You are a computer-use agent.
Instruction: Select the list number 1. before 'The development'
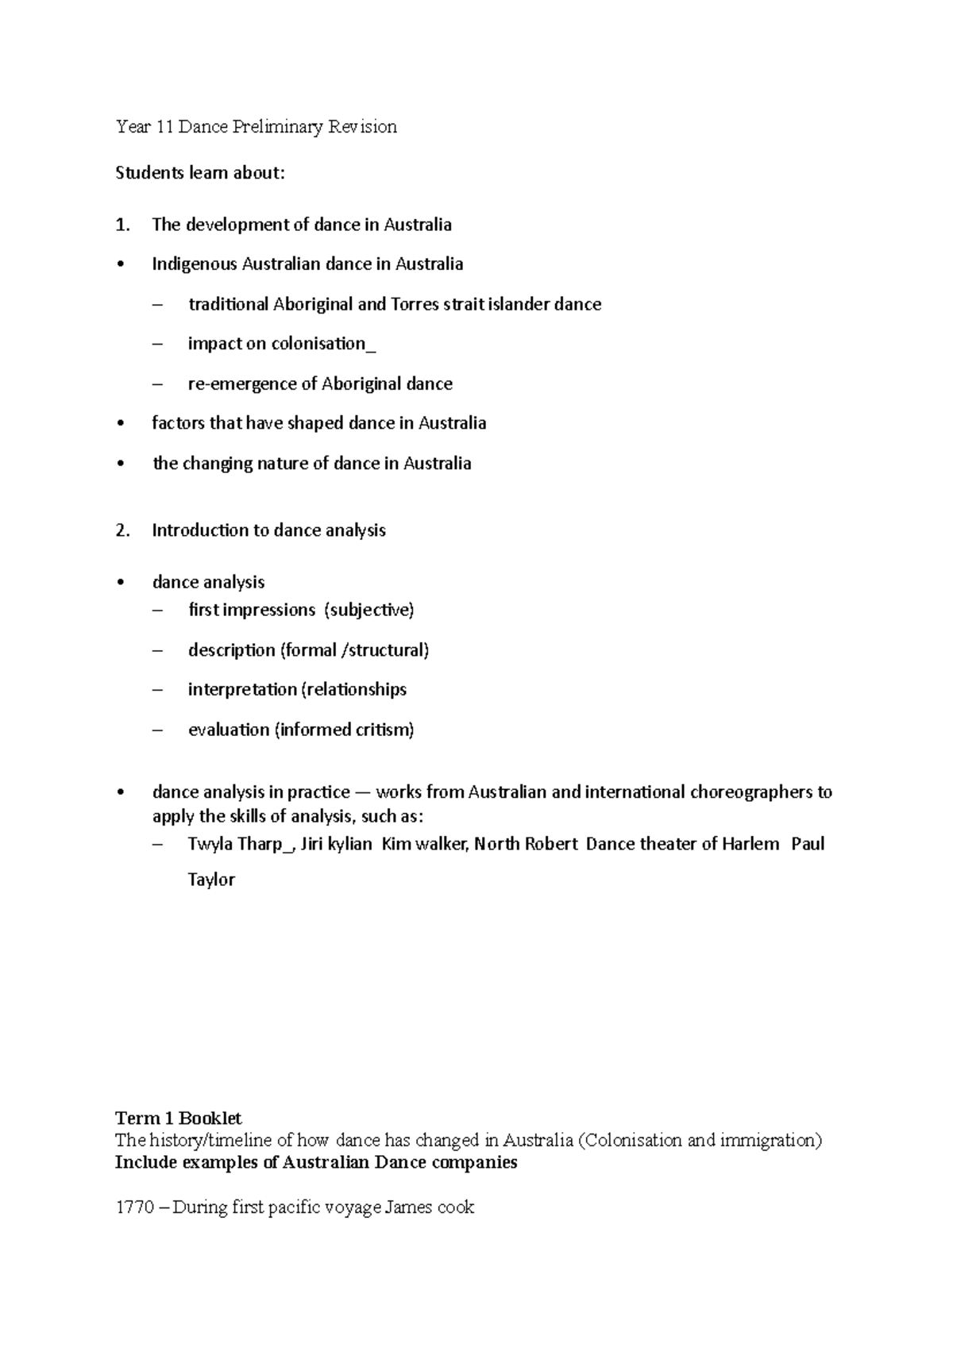(x=122, y=225)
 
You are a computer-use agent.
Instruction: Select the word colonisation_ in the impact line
(x=323, y=344)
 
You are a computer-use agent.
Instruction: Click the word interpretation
(x=241, y=689)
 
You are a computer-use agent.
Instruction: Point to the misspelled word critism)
(x=384, y=730)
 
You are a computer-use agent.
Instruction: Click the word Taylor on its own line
(x=211, y=880)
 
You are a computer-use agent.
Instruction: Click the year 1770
(x=134, y=1207)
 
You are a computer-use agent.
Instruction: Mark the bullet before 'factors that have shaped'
(x=121, y=424)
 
